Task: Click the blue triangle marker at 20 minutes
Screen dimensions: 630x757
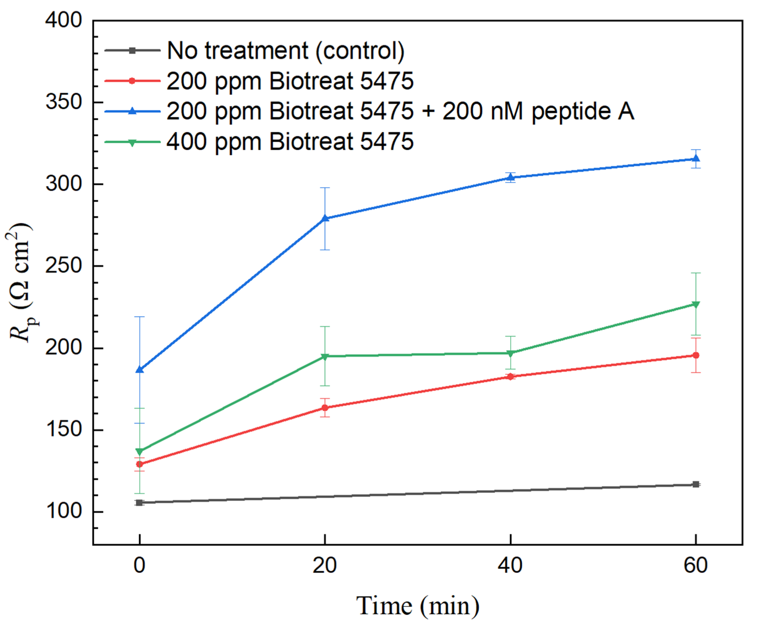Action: (x=325, y=218)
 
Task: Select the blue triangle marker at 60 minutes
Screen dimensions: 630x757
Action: (x=696, y=159)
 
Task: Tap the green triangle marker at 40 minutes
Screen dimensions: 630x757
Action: (x=510, y=353)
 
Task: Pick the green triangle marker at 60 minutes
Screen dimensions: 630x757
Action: (x=696, y=305)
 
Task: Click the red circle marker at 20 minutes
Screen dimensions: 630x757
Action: (x=325, y=408)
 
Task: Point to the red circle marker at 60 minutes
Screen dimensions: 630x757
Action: (x=696, y=355)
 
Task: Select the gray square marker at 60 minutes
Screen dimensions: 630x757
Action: (x=696, y=484)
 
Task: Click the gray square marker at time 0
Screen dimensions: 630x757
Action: (x=140, y=503)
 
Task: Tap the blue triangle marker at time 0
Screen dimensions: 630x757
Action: (x=140, y=369)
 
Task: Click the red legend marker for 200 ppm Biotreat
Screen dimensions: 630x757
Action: (x=132, y=81)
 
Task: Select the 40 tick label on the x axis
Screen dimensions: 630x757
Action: (x=510, y=565)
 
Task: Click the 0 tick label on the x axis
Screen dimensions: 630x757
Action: (x=140, y=565)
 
